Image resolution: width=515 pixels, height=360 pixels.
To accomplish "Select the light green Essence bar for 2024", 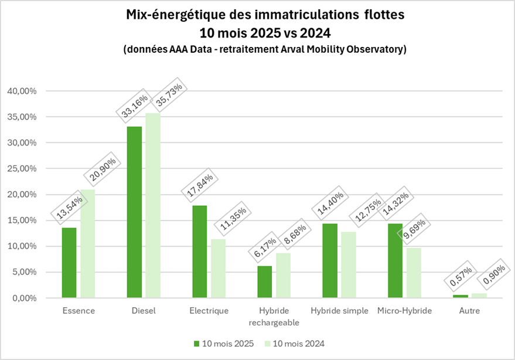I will [x=87, y=244].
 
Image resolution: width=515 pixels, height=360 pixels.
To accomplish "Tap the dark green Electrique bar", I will [x=200, y=252].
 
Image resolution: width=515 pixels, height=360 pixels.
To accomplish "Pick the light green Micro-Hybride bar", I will [x=413, y=273].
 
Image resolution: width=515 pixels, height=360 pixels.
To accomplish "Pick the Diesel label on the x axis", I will [x=144, y=311].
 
